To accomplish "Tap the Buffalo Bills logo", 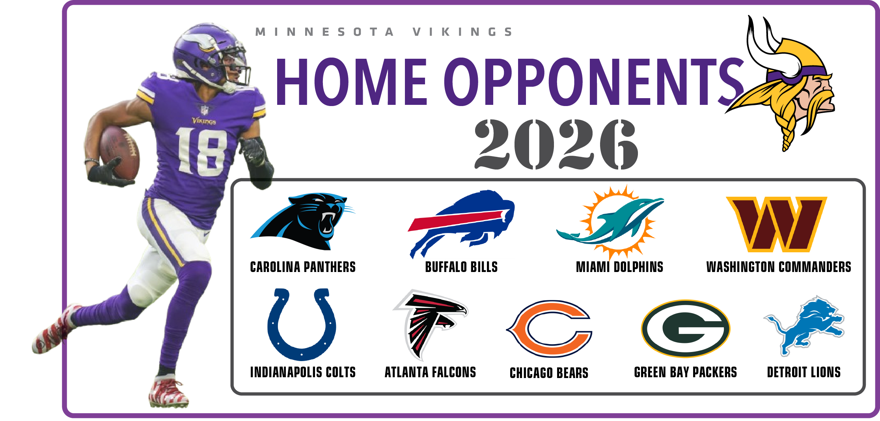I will (x=461, y=223).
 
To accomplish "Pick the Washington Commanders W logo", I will (x=777, y=224).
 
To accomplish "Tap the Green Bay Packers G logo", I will (x=686, y=328).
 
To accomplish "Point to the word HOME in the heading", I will (x=351, y=82).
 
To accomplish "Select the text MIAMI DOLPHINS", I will (x=619, y=267).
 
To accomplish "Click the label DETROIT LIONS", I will (x=804, y=372).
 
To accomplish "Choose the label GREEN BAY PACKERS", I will (x=685, y=372).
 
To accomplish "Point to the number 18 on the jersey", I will (x=201, y=152).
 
